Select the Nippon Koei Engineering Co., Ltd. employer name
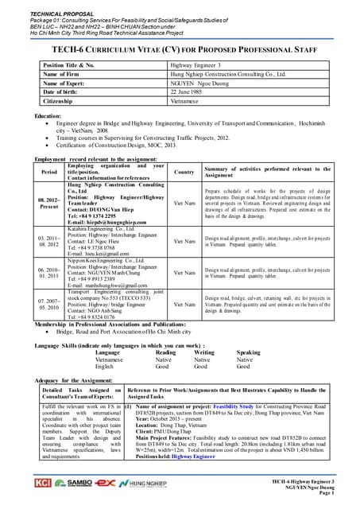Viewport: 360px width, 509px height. point(105,259)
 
